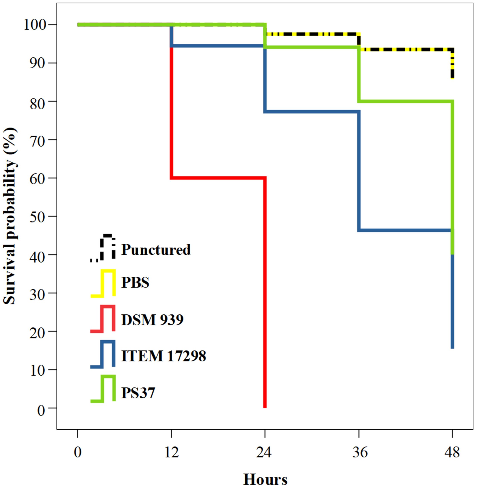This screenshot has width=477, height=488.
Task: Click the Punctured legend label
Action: click(156, 250)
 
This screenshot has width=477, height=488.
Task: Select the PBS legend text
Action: click(135, 283)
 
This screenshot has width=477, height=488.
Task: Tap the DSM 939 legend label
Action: click(152, 320)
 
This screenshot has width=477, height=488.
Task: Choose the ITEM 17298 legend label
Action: click(164, 356)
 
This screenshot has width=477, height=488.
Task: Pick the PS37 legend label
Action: click(138, 393)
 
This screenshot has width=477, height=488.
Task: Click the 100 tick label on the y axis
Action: click(35, 25)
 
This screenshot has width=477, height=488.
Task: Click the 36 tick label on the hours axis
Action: click(360, 452)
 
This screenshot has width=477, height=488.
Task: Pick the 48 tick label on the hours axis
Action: click(452, 452)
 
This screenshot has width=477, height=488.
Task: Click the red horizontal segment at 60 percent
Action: click(218, 178)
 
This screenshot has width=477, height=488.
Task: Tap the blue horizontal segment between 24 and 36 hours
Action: click(312, 112)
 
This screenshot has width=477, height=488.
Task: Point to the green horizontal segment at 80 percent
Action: click(406, 101)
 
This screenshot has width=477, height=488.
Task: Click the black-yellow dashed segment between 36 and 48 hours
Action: click(406, 50)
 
